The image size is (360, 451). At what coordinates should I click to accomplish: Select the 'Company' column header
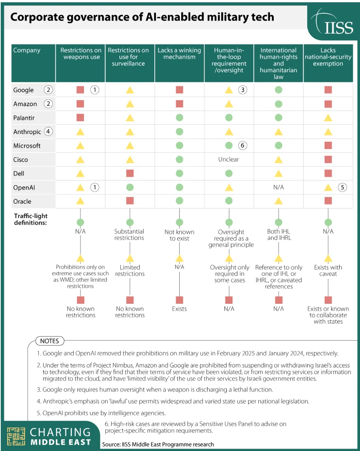pos(27,50)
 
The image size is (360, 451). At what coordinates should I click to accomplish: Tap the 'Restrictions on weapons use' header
pos(81,53)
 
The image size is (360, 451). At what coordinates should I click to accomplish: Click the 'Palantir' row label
pos(24,118)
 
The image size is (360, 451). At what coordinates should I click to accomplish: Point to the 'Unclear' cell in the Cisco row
pos(229,159)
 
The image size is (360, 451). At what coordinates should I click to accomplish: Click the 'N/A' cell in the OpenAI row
pos(278,187)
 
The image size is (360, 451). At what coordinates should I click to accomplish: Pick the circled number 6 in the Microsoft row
pos(243,145)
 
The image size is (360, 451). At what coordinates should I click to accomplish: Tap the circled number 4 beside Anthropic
pos(48,132)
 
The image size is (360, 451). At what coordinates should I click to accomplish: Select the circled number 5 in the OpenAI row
pos(342,187)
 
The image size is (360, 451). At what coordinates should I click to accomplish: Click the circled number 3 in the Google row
pos(243,90)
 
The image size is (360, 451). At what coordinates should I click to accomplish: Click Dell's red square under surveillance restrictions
pos(130,174)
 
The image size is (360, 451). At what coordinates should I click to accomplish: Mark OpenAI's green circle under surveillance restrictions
pos(130,187)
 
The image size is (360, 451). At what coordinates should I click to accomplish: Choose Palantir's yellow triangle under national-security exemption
pos(328,118)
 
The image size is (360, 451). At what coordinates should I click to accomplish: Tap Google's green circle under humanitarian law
pos(278,90)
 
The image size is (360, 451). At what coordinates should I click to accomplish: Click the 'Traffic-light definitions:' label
pos(31,219)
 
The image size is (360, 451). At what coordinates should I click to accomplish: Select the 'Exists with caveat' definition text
pos(328,270)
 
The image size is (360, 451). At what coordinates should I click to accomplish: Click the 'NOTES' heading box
pos(50,341)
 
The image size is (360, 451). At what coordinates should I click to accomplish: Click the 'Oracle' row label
pos(22,201)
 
